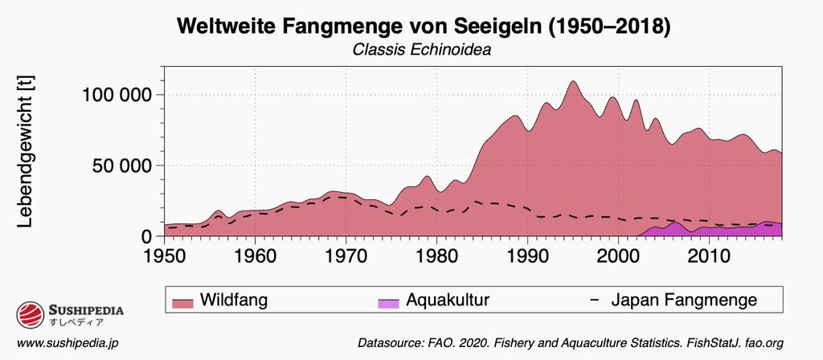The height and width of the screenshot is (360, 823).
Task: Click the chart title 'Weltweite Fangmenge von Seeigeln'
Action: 422,26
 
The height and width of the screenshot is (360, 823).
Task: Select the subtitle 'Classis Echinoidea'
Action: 422,50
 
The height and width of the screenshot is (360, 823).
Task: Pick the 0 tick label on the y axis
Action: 147,236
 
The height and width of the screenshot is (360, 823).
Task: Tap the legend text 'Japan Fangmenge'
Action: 684,301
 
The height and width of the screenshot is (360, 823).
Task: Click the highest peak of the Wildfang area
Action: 572,81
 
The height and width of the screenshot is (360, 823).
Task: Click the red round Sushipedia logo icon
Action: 31,314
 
